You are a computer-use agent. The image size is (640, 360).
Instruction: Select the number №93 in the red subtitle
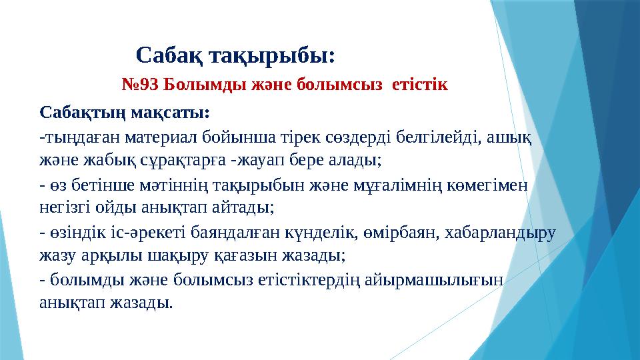coord(141,85)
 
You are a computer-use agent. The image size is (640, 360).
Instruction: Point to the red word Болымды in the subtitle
coord(197,85)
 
